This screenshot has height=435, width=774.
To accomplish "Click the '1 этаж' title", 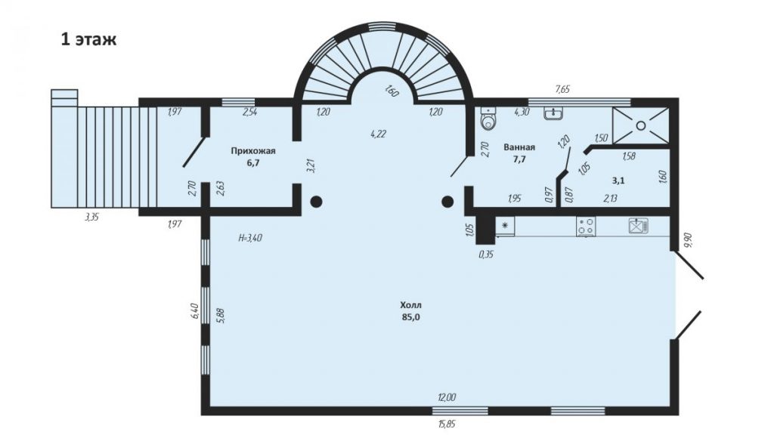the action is click(89, 39).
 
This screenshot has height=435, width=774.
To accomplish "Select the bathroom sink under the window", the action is click(554, 113).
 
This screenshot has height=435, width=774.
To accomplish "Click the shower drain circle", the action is click(641, 126).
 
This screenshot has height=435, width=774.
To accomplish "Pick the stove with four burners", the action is click(586, 226).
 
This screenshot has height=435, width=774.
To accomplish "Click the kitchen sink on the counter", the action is click(638, 226).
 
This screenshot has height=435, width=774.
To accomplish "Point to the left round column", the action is click(317, 201).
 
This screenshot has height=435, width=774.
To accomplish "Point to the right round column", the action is click(447, 201).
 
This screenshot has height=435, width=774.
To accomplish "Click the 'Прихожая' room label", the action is click(253, 151).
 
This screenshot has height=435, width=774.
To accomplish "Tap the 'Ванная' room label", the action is click(519, 147).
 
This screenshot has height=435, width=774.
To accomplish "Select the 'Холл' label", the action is click(410, 305).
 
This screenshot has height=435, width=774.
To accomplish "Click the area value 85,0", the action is click(410, 317).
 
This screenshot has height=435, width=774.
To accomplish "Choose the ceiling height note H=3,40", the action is click(250, 238).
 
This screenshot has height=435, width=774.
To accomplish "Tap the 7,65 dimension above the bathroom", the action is click(562, 89).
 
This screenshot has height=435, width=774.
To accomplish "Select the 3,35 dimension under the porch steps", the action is click(91, 217).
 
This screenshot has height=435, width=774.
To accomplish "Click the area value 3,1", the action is click(618, 180).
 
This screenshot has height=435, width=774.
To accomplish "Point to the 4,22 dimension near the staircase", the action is click(378, 133).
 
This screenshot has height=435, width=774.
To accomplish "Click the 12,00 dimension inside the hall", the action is click(447, 397).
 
